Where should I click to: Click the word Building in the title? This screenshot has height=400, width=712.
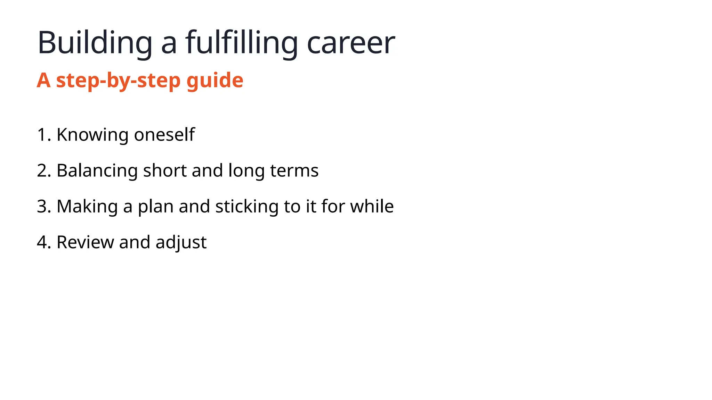(95, 43)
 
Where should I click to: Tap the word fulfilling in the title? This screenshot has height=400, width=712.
(241, 43)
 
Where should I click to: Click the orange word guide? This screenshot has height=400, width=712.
(215, 81)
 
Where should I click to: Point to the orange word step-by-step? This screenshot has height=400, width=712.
(119, 81)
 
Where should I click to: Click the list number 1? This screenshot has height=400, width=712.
(42, 135)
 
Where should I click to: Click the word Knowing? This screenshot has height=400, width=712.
(92, 135)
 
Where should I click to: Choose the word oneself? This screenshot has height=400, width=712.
(164, 135)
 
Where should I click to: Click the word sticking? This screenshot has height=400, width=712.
(247, 206)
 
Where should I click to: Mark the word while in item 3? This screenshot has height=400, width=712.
(372, 206)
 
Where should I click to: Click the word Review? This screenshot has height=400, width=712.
(85, 242)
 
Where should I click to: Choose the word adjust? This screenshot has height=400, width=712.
(181, 242)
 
